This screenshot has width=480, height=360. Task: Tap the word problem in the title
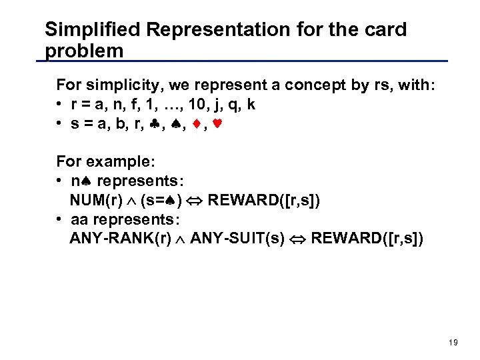click(84, 51)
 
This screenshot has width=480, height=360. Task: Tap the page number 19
click(453, 342)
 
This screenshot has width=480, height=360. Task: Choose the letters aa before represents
click(78, 219)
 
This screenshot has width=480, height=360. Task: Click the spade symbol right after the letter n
click(88, 181)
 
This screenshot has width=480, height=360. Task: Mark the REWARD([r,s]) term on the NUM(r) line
click(265, 200)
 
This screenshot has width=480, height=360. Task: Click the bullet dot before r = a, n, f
click(60, 105)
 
